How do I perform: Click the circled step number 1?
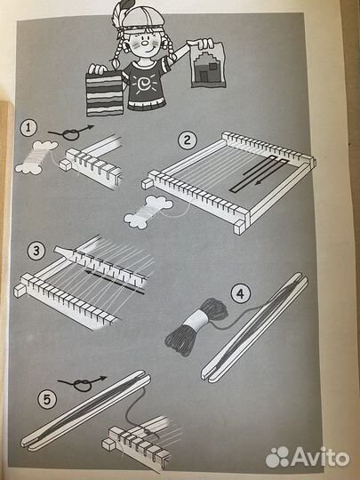[28, 128]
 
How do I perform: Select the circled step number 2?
[188, 140]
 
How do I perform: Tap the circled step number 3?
[36, 252]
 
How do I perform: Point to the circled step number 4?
[240, 294]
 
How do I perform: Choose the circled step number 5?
[47, 400]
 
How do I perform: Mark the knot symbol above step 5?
[82, 384]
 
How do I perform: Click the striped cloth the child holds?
[105, 94]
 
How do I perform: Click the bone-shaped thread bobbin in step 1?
[36, 157]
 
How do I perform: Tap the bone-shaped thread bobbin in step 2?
[148, 212]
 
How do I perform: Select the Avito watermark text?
[321, 458]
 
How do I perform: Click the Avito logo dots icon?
[277, 457]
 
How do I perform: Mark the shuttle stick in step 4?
[255, 327]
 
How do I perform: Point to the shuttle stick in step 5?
[86, 410]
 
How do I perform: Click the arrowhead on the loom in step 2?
[259, 183]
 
